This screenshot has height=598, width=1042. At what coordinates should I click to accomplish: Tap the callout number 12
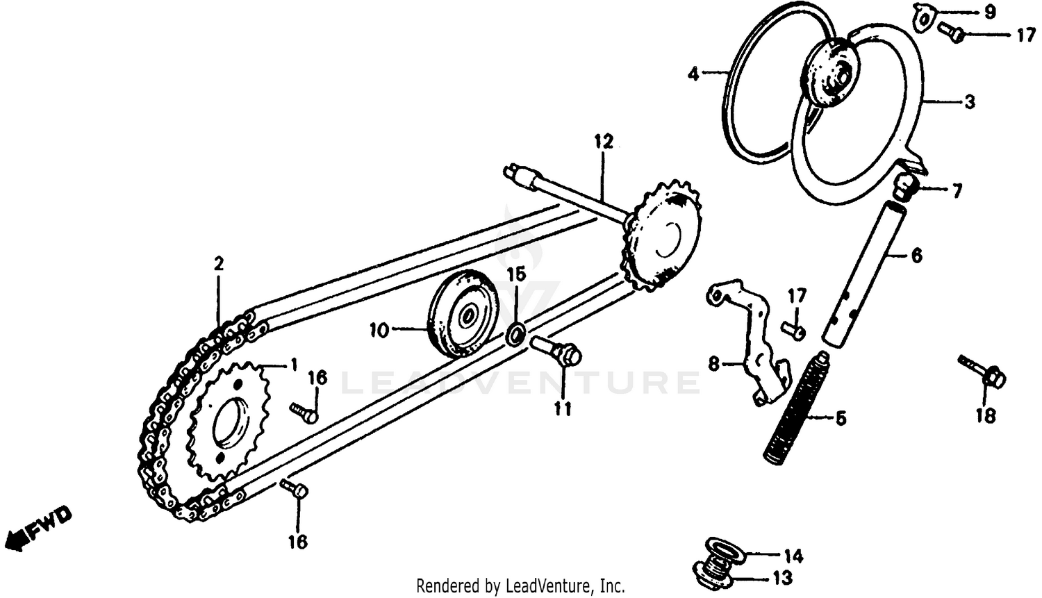[604, 142]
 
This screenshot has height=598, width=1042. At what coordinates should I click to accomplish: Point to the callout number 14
[793, 556]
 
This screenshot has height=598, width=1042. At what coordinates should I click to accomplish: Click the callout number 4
[693, 73]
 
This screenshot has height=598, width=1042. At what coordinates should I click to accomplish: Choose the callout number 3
[969, 102]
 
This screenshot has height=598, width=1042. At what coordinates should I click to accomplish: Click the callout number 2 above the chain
[219, 264]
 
